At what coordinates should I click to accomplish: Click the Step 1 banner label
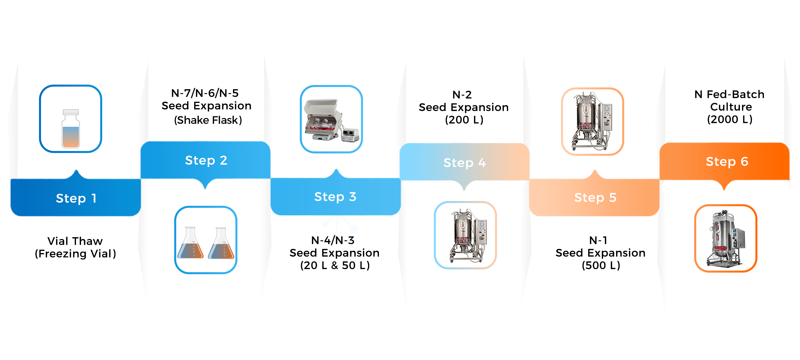[76, 198]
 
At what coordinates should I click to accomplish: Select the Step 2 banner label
[206, 160]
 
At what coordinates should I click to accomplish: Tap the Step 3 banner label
[335, 197]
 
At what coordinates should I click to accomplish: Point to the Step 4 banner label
[464, 162]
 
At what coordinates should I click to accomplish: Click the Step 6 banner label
[727, 162]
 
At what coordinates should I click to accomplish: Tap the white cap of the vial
[71, 112]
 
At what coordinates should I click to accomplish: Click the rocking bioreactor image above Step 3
[331, 120]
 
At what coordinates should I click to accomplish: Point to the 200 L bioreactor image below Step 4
[465, 235]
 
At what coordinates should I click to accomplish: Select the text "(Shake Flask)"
[208, 120]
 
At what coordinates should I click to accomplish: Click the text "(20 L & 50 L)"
[335, 265]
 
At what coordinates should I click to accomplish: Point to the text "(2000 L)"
[730, 119]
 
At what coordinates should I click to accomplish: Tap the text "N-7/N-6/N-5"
[205, 93]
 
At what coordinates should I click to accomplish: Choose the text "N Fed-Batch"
[729, 94]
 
